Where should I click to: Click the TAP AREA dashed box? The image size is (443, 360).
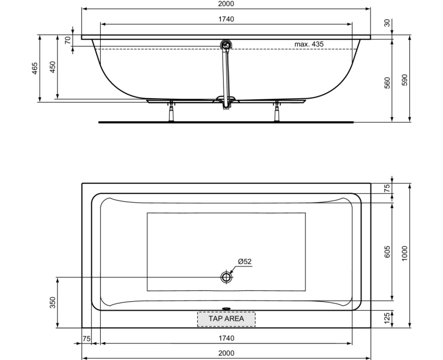[x=226, y=318]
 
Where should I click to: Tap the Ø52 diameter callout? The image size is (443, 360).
[x=245, y=261]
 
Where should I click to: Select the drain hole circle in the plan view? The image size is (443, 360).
[x=226, y=277]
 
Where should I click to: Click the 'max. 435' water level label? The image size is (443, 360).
[x=309, y=44]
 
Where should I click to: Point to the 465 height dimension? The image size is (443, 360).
[x=34, y=68]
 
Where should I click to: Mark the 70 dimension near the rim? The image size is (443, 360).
[x=68, y=40]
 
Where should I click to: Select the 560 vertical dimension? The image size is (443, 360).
[x=388, y=82]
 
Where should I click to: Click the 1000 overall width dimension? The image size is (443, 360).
[x=404, y=254]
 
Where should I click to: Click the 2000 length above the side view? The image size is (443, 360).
[x=226, y=4]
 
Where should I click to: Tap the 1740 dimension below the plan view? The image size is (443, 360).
[x=226, y=338]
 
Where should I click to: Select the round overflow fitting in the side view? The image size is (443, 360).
[x=226, y=45]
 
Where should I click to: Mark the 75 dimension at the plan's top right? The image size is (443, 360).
[x=388, y=188]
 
